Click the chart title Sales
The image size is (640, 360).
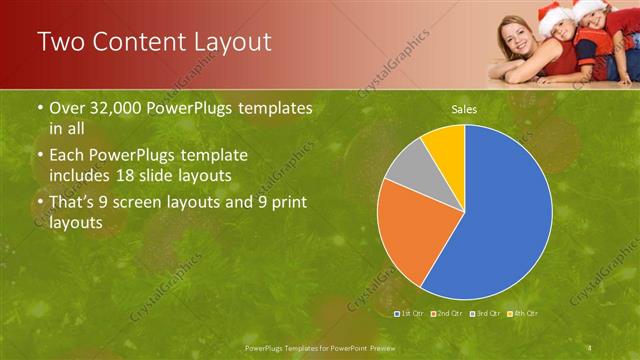point(464,108)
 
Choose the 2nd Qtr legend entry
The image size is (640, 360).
point(446,313)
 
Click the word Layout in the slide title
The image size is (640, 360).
point(223,41)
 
